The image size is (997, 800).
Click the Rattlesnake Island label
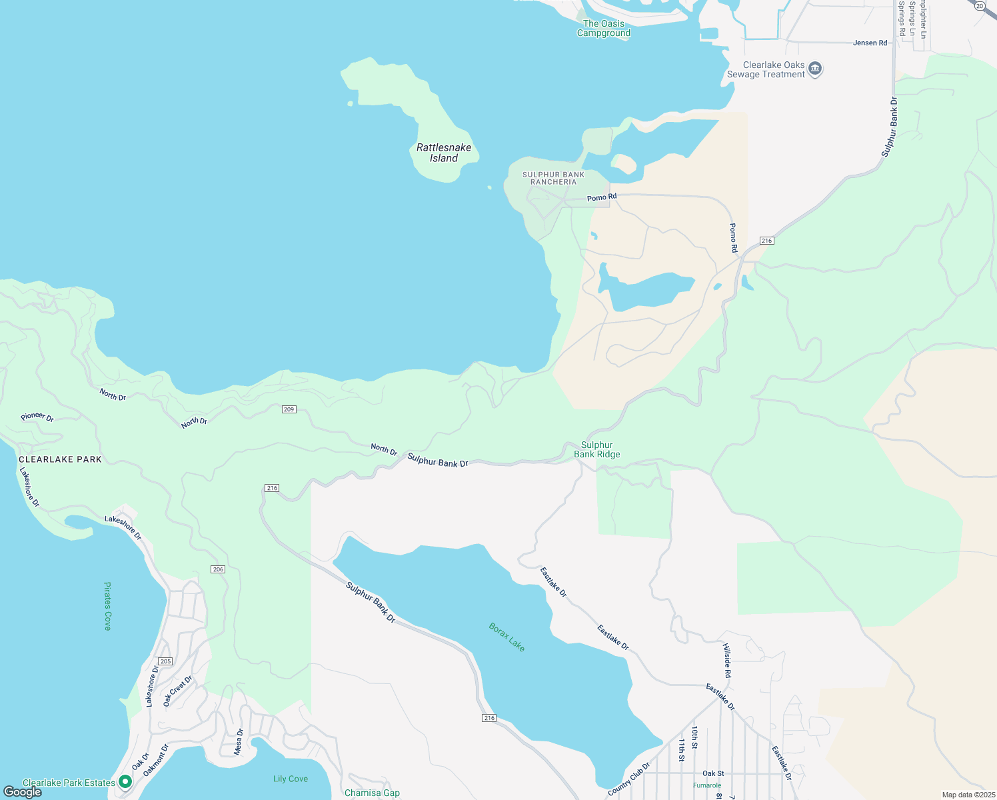(x=443, y=153)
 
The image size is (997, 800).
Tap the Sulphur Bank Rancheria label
(x=553, y=178)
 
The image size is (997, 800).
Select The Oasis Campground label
(x=604, y=28)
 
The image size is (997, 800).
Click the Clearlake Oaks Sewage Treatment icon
(x=815, y=69)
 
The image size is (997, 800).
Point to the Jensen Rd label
(x=870, y=43)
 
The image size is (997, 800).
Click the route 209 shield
(x=289, y=409)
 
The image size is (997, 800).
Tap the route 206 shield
(x=217, y=569)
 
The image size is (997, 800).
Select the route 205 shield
(x=165, y=661)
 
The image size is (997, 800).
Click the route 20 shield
(x=979, y=5)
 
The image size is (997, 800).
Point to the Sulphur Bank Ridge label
(x=597, y=449)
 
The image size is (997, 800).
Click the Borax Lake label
(x=506, y=637)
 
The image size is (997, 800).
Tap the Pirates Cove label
(x=107, y=606)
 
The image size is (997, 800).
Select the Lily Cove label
(x=291, y=779)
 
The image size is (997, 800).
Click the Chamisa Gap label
(x=372, y=793)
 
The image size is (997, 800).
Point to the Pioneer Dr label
(x=37, y=417)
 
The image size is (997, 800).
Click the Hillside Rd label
(x=727, y=661)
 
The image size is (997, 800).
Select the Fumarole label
(x=706, y=785)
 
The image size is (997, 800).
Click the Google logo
(x=22, y=792)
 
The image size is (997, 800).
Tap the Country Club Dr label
(x=628, y=779)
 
